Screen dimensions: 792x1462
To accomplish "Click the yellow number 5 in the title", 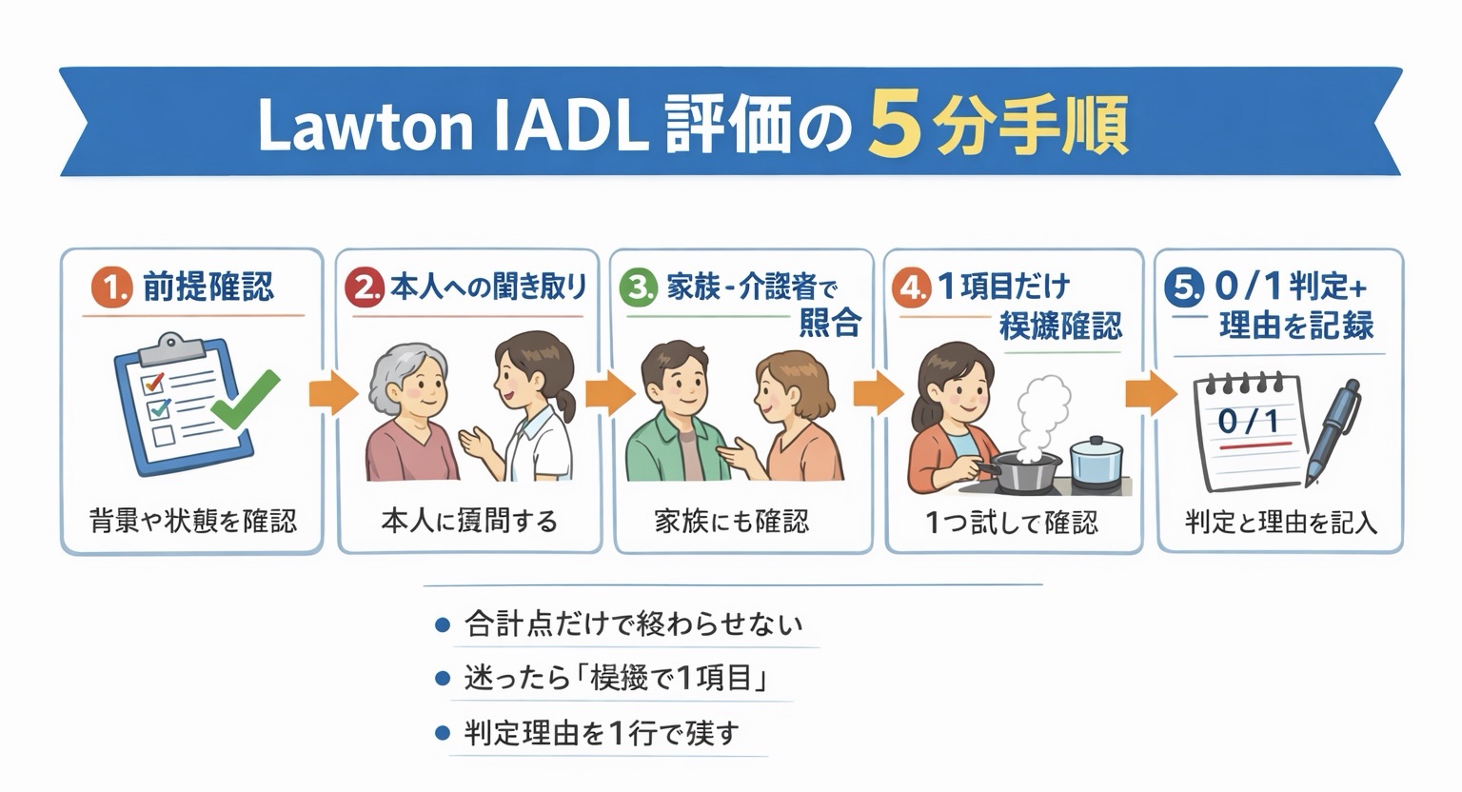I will click(x=895, y=126).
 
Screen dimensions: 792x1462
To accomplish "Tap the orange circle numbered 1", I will click(x=110, y=287).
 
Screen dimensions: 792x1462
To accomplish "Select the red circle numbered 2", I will click(x=364, y=287).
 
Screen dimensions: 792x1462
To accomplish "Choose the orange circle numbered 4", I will click(x=911, y=287).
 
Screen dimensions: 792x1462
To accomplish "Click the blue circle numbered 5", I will click(x=1184, y=287).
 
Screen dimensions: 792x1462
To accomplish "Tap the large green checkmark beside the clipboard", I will click(x=245, y=399).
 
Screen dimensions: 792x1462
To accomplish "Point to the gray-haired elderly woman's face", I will click(x=410, y=381).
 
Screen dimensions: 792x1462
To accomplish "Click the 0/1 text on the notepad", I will click(x=1248, y=420).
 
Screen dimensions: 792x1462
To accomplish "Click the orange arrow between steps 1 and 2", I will click(x=330, y=393).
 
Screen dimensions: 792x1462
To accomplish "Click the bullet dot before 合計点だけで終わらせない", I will click(x=441, y=624).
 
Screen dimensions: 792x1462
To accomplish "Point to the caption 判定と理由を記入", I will click(x=1280, y=522).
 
